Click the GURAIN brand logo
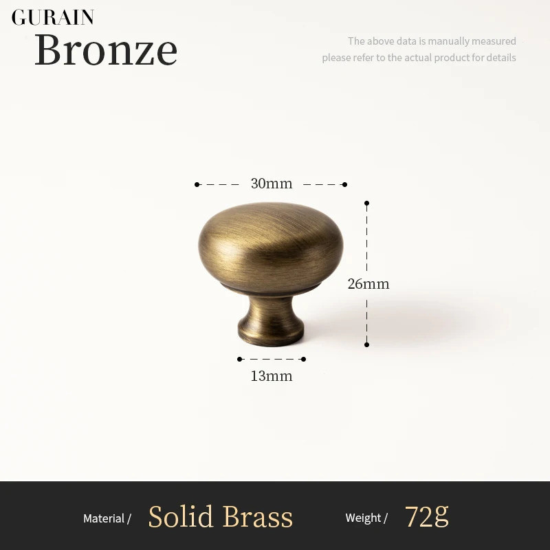53,17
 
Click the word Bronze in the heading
106,49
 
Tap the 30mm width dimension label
272,184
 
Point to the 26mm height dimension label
368,284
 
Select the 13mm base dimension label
272,376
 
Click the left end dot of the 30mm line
197,184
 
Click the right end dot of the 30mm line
345,184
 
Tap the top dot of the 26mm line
366,203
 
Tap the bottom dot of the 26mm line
366,345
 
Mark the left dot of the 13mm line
239,359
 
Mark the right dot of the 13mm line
303,359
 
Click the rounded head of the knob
270,247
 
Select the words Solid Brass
220,516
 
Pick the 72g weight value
426,516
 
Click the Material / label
107,518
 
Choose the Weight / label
366,518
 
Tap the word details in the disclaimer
501,58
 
